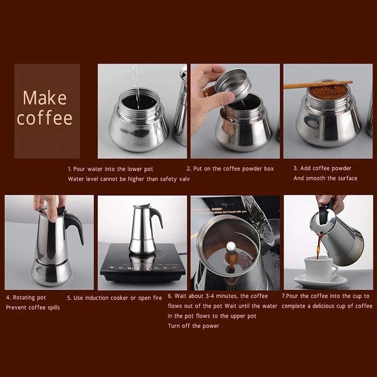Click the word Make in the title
pyautogui.click(x=45, y=98)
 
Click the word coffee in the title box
pyautogui.click(x=45, y=118)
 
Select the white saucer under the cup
pyautogui.click(x=320, y=281)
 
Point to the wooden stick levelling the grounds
pyautogui.click(x=318, y=84)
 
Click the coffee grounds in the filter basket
pyautogui.click(x=328, y=91)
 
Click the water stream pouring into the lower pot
pyautogui.click(x=136, y=87)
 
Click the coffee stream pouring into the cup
pyautogui.click(x=320, y=246)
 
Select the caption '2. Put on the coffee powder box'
pyautogui.click(x=230, y=169)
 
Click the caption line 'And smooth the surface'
pyautogui.click(x=325, y=179)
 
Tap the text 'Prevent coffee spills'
pyautogui.click(x=33, y=308)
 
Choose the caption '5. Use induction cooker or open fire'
pyautogui.click(x=115, y=298)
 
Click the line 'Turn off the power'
pyautogui.click(x=194, y=326)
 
